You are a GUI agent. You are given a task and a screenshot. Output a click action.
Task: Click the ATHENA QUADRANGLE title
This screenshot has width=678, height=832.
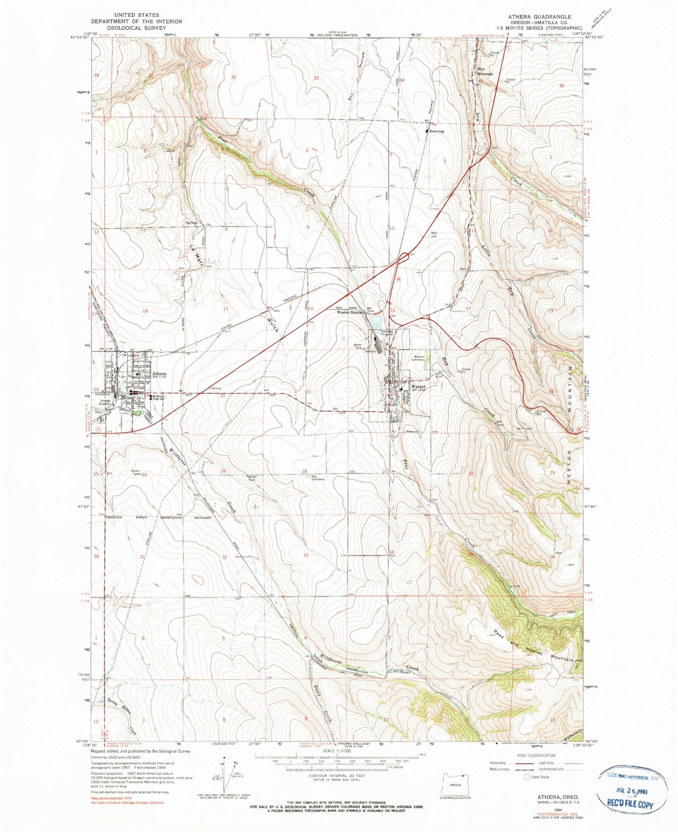point(540,16)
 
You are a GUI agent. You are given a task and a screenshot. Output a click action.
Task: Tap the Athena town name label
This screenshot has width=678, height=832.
point(159,374)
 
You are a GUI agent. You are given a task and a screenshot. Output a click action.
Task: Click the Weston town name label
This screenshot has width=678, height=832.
point(418,386)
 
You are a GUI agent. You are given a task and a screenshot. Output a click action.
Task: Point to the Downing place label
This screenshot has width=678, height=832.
point(436,131)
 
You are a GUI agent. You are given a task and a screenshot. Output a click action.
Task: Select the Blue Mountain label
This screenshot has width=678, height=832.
point(485,71)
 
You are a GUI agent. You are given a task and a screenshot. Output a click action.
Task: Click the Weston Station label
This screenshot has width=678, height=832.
point(350,312)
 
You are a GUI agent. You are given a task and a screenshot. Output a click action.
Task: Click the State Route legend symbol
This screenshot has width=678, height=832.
point(526,777)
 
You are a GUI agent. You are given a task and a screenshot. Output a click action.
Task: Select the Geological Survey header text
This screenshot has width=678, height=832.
point(137,28)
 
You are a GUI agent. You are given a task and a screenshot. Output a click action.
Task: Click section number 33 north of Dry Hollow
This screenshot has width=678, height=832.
point(316,78)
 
